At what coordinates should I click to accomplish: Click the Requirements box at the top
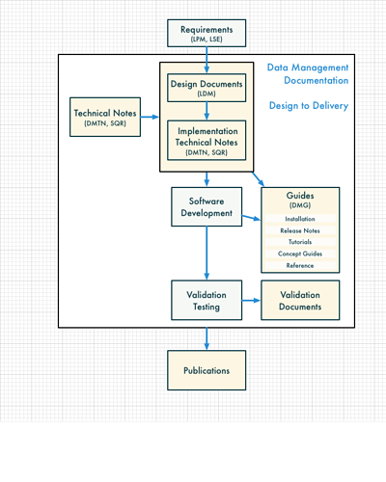(207, 33)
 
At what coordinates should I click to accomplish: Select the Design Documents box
(207, 88)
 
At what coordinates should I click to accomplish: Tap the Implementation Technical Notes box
(207, 141)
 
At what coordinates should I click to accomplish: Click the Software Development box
(207, 207)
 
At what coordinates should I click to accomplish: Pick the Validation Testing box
(207, 300)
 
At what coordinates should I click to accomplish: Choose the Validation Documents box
(300, 300)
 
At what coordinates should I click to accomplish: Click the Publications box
(207, 370)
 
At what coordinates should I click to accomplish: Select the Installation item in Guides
(300, 219)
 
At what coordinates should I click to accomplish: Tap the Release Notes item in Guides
(300, 230)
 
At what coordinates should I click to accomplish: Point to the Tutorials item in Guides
(300, 242)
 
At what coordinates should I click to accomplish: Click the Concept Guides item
(300, 254)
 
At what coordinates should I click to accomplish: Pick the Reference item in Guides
(300, 265)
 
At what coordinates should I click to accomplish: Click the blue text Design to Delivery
(309, 106)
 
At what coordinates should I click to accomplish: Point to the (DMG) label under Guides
(300, 205)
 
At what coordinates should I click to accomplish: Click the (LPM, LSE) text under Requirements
(207, 40)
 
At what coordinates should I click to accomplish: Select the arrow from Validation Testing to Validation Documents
(251, 301)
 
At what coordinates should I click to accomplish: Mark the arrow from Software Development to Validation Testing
(207, 254)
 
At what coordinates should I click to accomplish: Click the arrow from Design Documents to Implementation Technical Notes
(207, 111)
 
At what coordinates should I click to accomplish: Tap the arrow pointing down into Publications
(207, 338)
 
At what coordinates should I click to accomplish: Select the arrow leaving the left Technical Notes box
(150, 117)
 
